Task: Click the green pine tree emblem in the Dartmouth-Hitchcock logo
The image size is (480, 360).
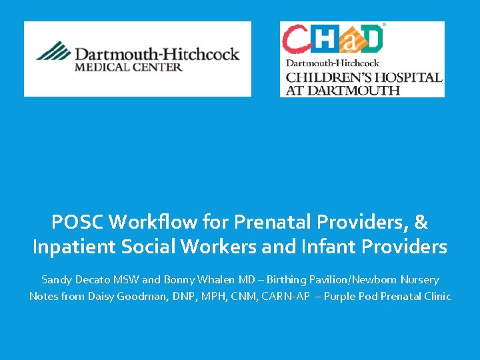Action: point(53,51)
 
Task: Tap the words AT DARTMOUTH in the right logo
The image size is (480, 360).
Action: point(343,90)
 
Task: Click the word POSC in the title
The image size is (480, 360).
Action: point(79,222)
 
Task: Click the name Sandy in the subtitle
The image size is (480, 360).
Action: point(56,280)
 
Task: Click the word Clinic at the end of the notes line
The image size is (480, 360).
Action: point(437,296)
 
